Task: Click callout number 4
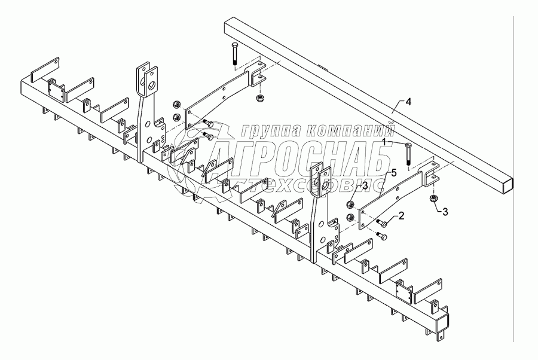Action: pos(408,102)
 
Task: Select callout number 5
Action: pos(393,173)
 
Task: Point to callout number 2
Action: pos(402,215)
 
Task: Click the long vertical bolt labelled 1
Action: pos(408,154)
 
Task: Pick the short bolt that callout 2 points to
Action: pos(381,224)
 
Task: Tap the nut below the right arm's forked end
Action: pos(432,198)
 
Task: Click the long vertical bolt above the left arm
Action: pos(234,60)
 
